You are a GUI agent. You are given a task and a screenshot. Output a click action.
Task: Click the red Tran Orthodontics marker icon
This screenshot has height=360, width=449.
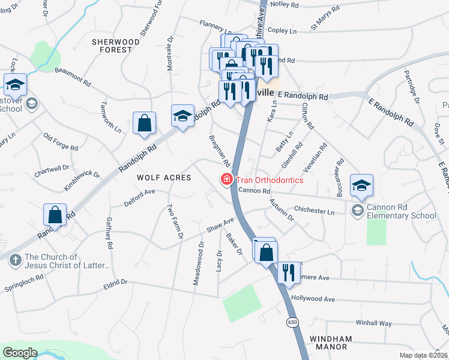(227, 179)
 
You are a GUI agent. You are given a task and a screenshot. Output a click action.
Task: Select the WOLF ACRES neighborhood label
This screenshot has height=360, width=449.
(164, 178)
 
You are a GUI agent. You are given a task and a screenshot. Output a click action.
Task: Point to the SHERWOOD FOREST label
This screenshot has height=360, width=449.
(116, 46)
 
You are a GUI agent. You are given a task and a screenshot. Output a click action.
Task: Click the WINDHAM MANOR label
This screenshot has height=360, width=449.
(329, 343)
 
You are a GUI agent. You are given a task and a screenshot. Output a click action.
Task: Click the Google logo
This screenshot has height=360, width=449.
(20, 353)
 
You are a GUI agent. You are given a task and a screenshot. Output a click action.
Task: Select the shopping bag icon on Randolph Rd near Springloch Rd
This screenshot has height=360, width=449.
(55, 214)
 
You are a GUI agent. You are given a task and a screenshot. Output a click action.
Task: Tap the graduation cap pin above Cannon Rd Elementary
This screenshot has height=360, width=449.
(361, 185)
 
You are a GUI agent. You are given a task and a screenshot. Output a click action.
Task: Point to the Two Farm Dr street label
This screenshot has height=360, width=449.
(174, 222)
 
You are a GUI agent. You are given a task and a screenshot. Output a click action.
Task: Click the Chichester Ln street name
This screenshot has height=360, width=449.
(314, 211)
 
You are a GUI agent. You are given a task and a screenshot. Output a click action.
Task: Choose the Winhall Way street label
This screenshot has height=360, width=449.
(373, 323)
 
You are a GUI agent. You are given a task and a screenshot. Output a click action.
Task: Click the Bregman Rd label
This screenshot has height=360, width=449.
(220, 151)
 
